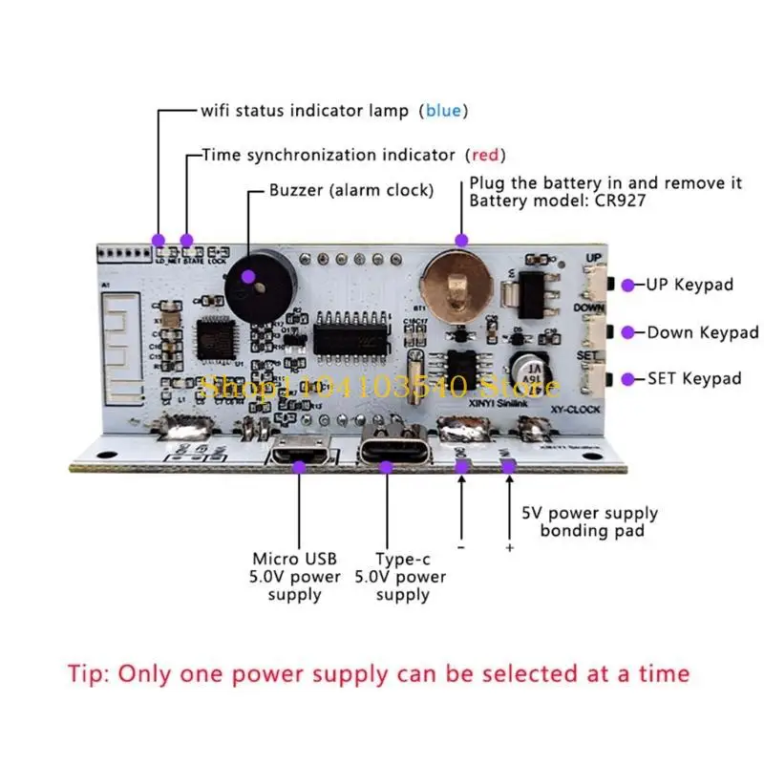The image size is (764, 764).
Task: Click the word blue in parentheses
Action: (x=443, y=111)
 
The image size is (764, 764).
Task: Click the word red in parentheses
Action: (x=484, y=155)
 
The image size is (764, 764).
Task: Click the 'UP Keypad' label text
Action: (x=690, y=285)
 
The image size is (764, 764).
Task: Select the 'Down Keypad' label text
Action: (x=703, y=332)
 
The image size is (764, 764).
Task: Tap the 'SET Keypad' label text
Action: (x=694, y=379)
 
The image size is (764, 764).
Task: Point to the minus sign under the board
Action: (x=461, y=548)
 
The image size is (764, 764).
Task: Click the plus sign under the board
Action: (x=509, y=548)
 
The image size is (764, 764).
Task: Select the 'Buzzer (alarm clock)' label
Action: (x=350, y=190)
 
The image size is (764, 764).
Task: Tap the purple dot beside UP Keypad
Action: (x=628, y=285)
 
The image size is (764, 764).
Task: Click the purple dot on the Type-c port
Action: (x=387, y=467)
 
